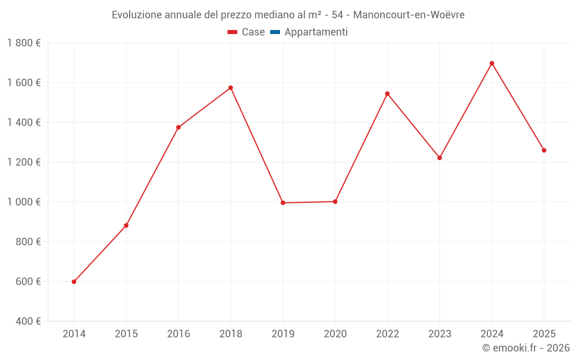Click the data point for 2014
point(74,282)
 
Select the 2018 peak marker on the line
point(230,88)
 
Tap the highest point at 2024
point(492,63)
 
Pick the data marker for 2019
point(283,203)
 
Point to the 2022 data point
point(387,93)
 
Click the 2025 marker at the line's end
point(544,150)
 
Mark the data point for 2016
point(179,127)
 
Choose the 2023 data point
point(439,158)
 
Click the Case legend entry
point(246,32)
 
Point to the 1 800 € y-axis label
point(24,43)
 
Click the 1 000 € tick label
point(24,202)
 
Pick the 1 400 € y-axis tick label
point(24,123)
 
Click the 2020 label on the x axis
point(335,334)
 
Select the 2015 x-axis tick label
point(126,334)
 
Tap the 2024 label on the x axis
point(492,334)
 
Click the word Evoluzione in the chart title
point(137,15)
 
